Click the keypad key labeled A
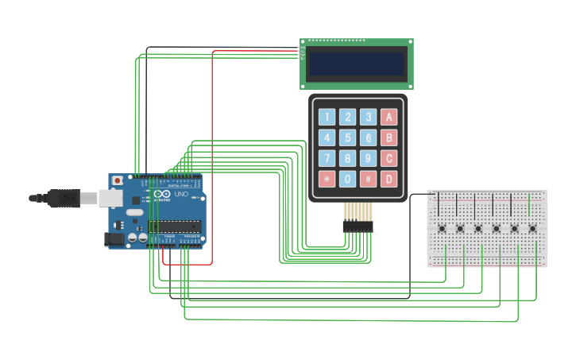(389, 118)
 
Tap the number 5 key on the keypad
(347, 138)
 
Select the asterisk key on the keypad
(327, 179)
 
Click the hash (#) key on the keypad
(368, 179)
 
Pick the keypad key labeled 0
(347, 179)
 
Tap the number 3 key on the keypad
(368, 118)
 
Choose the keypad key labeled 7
(327, 158)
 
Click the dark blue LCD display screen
(357, 64)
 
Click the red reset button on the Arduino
(118, 181)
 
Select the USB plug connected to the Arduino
(68, 198)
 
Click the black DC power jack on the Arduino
(115, 238)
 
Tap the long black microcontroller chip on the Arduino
(174, 227)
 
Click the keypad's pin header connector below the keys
(358, 226)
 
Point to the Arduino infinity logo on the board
(162, 195)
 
